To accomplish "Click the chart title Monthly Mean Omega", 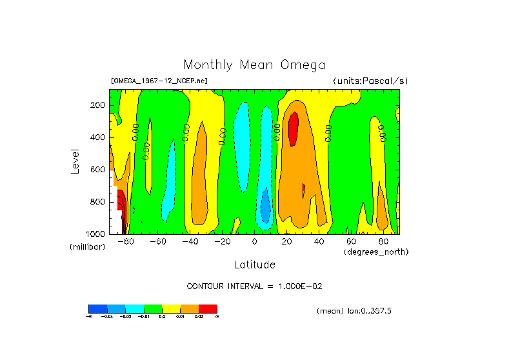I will [254, 65].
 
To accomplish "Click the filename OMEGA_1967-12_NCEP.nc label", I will [159, 81].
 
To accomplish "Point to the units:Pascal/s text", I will [370, 81].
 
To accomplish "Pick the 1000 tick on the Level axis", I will [96, 234].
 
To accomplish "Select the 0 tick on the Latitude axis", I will [255, 241].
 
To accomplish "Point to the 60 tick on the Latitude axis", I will [352, 241].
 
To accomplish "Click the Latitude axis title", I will [254, 265].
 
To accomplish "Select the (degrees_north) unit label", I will [376, 251].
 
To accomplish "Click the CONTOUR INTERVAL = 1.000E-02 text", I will [254, 286].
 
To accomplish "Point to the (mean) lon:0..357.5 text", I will [354, 311].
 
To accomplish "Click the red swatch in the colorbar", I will [208, 309].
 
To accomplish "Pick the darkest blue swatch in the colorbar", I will [97, 309].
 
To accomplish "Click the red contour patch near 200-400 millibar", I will [293, 128].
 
